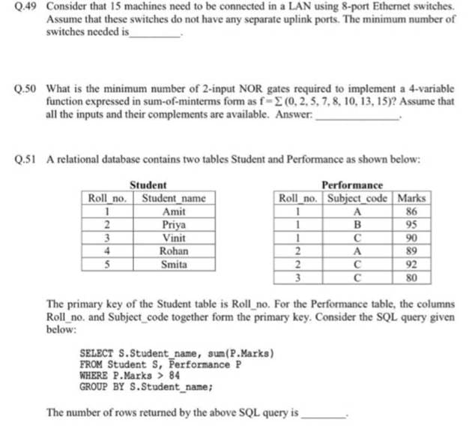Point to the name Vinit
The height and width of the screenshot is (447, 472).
click(174, 238)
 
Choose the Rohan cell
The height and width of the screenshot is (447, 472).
click(174, 251)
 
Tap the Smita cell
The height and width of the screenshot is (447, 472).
click(174, 264)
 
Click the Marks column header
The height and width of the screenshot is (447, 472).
click(413, 199)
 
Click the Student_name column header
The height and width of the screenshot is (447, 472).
click(174, 199)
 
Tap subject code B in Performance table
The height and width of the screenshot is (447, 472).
click(358, 225)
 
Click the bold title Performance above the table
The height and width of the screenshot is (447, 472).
click(351, 184)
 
